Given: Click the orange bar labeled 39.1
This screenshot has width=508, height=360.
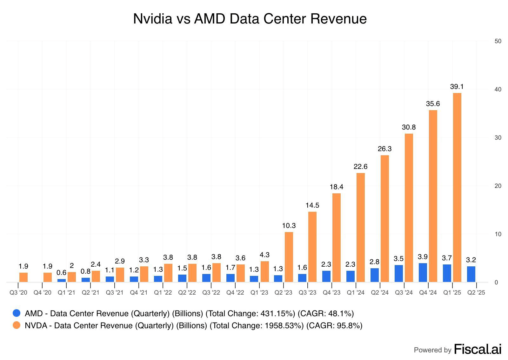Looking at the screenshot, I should click(457, 187).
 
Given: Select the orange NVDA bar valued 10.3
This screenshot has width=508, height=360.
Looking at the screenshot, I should click(289, 257).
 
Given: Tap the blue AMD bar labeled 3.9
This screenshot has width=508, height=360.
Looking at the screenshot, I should click(423, 272).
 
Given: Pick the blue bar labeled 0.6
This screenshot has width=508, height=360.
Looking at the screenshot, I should click(61, 280).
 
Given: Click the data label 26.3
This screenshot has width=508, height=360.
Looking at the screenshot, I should click(384, 149).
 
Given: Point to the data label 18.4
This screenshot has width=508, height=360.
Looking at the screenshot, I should click(336, 187).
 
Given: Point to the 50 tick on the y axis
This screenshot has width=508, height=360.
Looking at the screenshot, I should click(498, 41).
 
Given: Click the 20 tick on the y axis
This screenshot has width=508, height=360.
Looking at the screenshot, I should click(498, 186).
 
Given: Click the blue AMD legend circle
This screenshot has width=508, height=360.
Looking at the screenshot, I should click(17, 313).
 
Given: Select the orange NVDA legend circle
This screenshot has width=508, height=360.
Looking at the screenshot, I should click(17, 325).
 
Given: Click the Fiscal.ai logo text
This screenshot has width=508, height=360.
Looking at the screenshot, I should click(478, 349).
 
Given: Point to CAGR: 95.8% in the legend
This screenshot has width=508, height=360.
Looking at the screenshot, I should click(334, 326).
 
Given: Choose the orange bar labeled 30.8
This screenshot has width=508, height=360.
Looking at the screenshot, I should click(409, 208).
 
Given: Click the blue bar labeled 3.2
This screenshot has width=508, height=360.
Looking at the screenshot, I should click(471, 274).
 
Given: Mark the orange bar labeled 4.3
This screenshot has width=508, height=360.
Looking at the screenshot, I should click(264, 271).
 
